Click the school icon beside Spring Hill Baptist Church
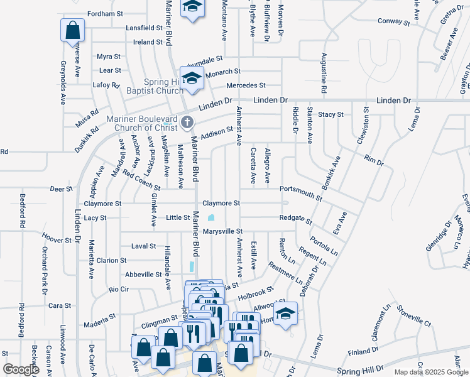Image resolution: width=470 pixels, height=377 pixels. (x=192, y=78)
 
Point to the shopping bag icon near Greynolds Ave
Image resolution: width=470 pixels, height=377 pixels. (x=72, y=30)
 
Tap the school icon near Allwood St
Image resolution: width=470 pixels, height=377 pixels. (x=285, y=314)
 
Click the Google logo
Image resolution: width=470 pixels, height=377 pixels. (x=21, y=369)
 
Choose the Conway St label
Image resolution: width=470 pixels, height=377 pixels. (x=393, y=21)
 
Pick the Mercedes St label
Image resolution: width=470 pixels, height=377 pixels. (x=246, y=85)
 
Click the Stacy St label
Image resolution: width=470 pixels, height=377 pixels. (x=331, y=114)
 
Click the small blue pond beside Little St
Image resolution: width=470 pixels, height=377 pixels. (x=211, y=218)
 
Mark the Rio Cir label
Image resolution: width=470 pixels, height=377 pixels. (x=119, y=289)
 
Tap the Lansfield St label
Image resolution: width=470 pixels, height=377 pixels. (x=144, y=28)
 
